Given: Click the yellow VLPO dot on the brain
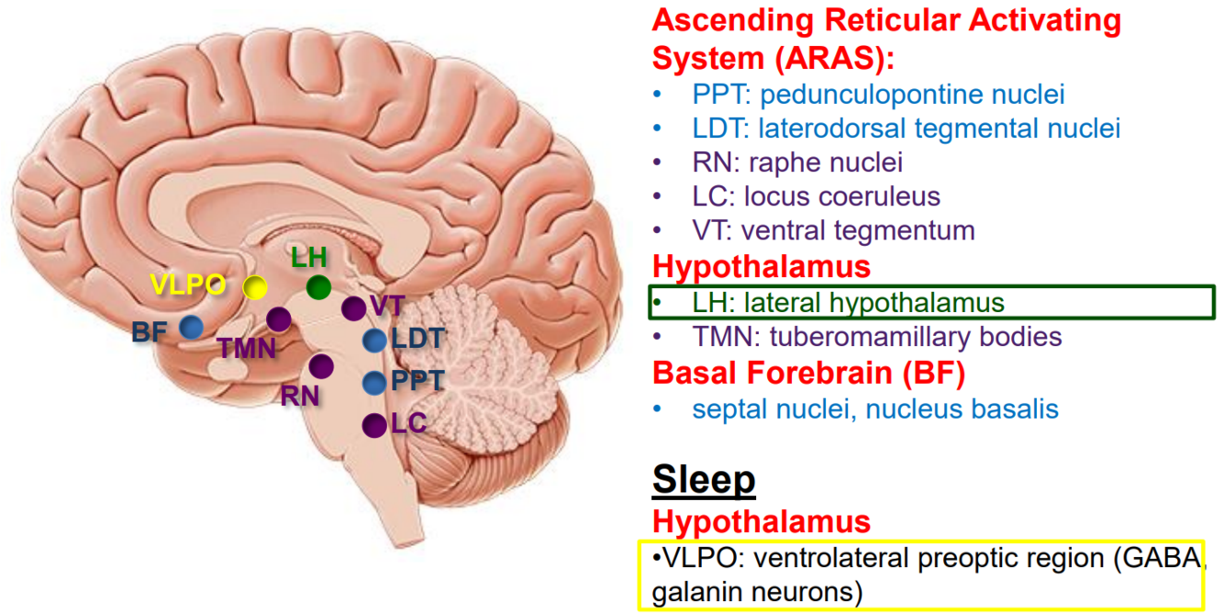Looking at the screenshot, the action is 255,287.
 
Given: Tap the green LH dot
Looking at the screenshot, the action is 318,287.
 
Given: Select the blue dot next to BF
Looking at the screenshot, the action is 191,327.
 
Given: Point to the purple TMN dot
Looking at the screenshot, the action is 279,319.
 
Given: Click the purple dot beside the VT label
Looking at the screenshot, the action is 353,308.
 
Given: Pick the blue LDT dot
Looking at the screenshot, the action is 375,340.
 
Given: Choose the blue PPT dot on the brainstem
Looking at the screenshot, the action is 375,384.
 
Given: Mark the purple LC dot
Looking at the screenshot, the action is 375,425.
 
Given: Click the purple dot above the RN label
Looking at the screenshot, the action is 321,366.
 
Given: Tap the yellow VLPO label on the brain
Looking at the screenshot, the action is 187,285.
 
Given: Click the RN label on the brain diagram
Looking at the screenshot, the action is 299,396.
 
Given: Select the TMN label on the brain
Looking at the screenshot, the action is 247,348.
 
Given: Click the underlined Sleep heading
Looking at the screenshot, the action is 704,480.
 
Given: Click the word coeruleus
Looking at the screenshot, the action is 842,196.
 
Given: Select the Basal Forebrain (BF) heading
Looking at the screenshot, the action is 808,373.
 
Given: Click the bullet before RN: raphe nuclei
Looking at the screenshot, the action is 657,162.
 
